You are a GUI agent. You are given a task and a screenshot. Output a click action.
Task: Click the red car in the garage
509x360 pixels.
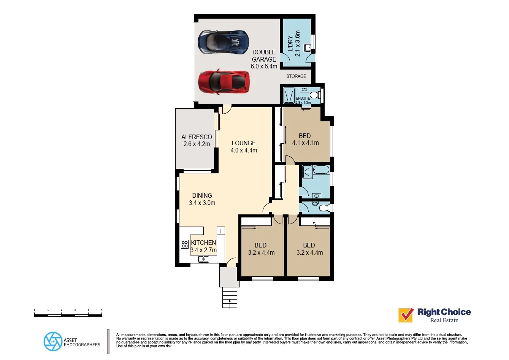(x=224, y=81)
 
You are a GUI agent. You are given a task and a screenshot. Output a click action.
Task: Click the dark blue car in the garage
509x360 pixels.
(x=224, y=42)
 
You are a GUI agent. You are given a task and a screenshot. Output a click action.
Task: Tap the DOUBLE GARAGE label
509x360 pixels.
(x=264, y=56)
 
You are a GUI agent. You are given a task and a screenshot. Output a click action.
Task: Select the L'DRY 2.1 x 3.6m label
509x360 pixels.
(x=294, y=44)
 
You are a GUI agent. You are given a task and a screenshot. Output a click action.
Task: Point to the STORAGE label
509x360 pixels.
(x=296, y=76)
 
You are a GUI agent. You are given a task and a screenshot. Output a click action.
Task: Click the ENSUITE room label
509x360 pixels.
(x=303, y=98)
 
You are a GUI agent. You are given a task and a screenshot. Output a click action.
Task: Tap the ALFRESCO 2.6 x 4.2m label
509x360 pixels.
(x=197, y=140)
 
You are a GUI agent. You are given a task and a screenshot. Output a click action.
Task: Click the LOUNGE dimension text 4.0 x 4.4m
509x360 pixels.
(x=244, y=151)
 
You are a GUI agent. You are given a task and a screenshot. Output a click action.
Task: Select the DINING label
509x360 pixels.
(x=202, y=195)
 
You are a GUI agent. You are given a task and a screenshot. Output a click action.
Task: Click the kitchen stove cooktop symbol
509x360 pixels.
(x=185, y=244)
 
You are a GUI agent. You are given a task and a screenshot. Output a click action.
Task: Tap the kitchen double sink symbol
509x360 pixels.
(x=203, y=259)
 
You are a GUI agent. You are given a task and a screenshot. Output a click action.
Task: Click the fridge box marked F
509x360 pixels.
(x=221, y=231)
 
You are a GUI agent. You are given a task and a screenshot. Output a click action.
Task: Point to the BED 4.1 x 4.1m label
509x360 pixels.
(x=305, y=140)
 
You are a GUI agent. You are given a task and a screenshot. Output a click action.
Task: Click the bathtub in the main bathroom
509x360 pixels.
(x=321, y=170)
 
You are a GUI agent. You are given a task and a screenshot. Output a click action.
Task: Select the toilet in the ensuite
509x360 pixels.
(x=314, y=94)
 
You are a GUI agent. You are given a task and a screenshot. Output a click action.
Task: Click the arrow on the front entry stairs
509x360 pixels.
(x=230, y=303)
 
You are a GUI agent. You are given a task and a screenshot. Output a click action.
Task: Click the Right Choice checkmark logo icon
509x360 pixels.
(x=406, y=315)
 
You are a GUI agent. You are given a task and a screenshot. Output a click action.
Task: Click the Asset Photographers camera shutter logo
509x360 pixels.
(x=53, y=341)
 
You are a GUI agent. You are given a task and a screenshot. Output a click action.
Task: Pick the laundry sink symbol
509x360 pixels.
(x=307, y=47)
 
